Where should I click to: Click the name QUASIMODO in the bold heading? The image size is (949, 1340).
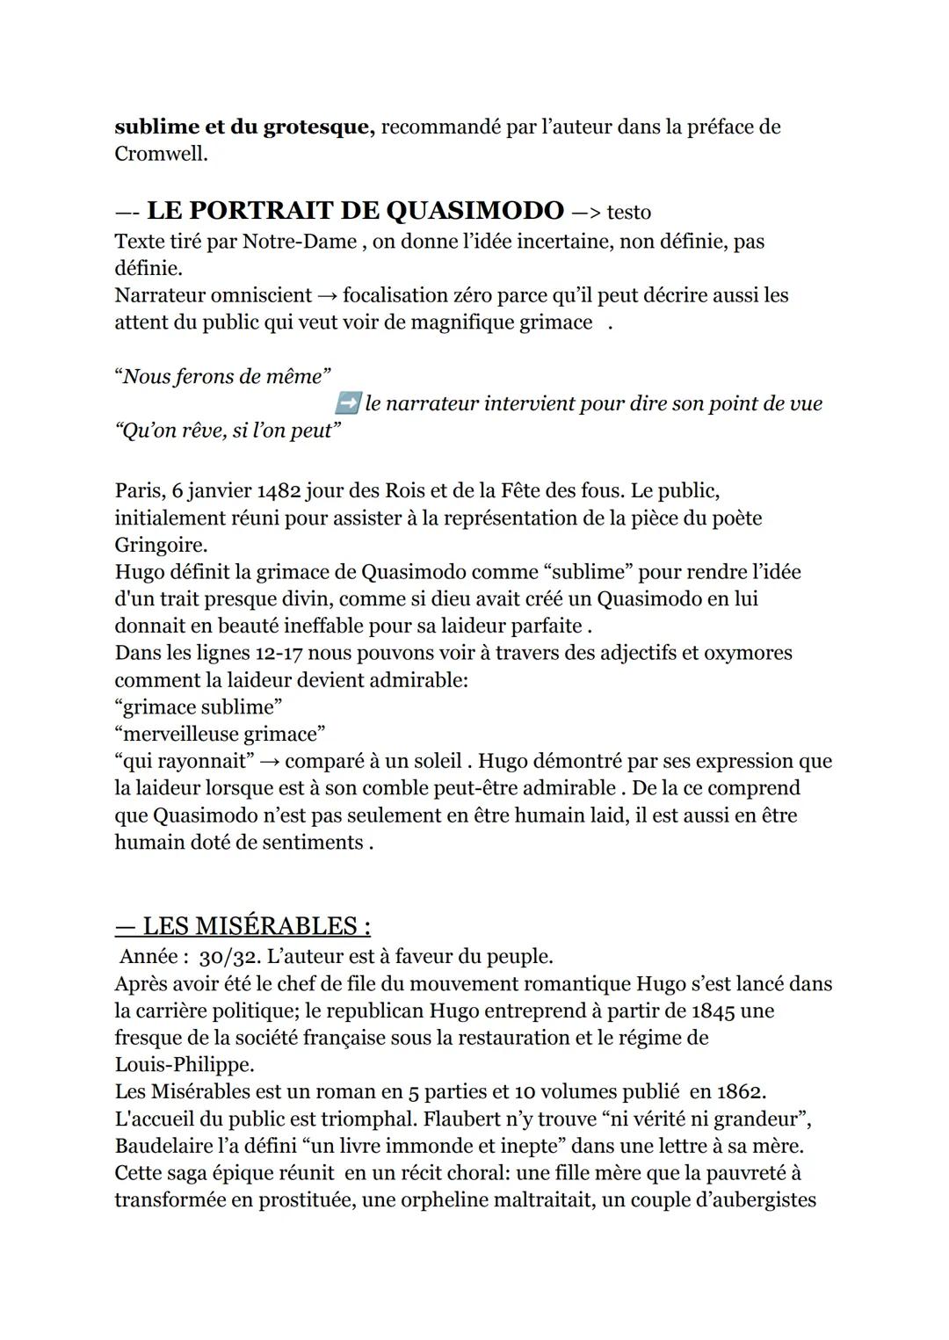point(474,211)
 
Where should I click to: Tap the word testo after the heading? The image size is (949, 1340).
point(628,213)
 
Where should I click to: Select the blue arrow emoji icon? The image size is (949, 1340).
point(348,403)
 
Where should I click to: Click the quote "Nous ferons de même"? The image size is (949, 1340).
point(222,377)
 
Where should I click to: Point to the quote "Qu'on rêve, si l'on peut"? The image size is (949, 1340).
point(227,431)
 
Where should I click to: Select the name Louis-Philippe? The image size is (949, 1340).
point(184,1065)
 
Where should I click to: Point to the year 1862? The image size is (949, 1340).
point(741,1092)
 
